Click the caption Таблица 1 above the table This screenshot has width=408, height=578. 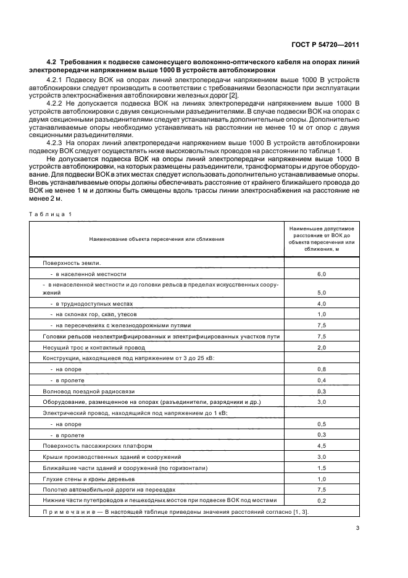coord(50,214)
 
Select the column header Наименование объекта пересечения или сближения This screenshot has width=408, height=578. coord(156,238)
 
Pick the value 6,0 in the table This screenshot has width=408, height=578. coord(321,274)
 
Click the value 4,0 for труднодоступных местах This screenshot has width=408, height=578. coord(321,304)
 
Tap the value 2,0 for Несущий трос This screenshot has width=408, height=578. coord(321,348)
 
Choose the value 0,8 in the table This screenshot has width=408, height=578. coord(321,369)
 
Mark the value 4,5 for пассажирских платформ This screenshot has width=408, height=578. coord(321,445)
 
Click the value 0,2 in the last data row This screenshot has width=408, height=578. coord(321,500)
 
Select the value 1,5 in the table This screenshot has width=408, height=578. coord(321,467)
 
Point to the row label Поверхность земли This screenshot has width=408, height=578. coord(71,262)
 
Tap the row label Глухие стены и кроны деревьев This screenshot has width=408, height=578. coord(84,478)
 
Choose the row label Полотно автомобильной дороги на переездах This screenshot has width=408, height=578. coord(99,489)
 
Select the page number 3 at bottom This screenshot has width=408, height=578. coord(357,528)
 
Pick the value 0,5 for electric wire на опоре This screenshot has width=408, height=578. coord(321,424)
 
